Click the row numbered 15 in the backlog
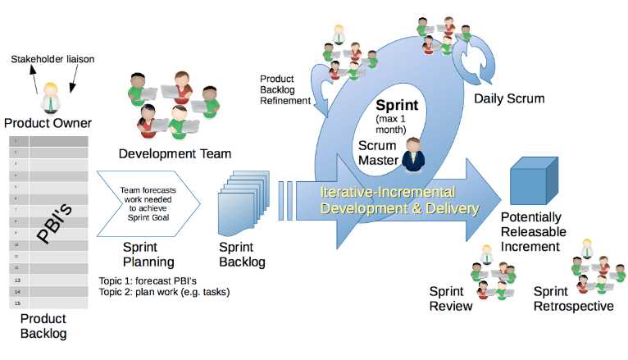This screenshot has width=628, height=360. pyautogui.click(x=49, y=303)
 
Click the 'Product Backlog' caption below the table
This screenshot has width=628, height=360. pyautogui.click(x=43, y=326)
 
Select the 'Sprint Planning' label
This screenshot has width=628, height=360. pyautogui.click(x=148, y=253)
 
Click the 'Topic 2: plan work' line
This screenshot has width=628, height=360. pyautogui.click(x=164, y=291)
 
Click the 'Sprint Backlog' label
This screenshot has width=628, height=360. pyautogui.click(x=242, y=253)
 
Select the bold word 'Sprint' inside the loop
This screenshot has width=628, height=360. pyautogui.click(x=398, y=106)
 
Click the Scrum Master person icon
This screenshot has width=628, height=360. pyautogui.click(x=415, y=154)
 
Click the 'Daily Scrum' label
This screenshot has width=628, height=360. pyautogui.click(x=509, y=98)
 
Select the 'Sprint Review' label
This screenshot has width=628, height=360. pyautogui.click(x=451, y=298)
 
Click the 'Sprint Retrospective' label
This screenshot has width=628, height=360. pyautogui.click(x=573, y=298)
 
